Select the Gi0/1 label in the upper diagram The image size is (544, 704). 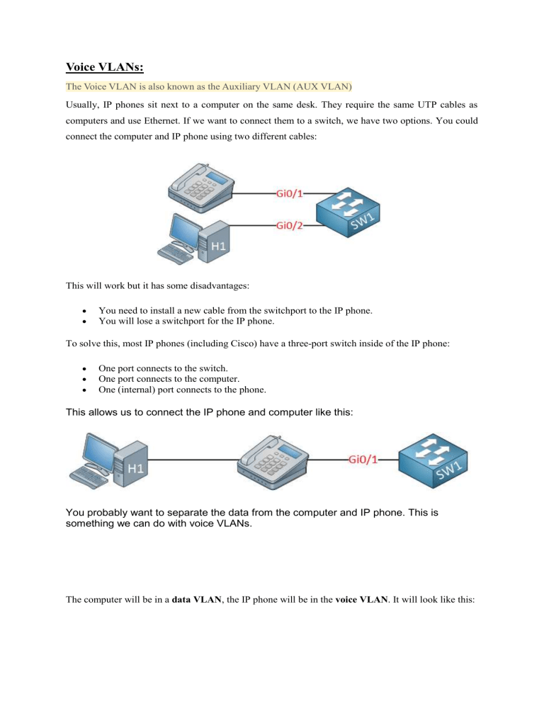pos(292,192)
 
